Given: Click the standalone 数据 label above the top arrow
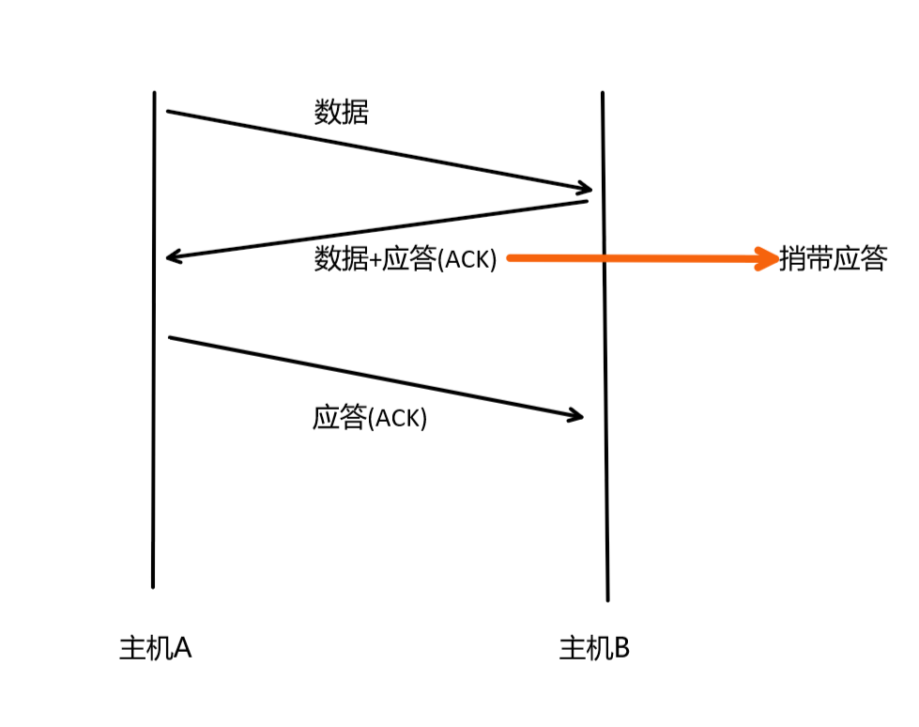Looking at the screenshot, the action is (x=341, y=114).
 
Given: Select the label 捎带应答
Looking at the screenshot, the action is (x=833, y=259).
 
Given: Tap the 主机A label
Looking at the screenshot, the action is (x=155, y=648).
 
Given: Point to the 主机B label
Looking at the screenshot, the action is (x=594, y=648).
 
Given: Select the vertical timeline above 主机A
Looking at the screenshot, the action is (x=153, y=376).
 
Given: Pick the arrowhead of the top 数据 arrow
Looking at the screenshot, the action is (x=583, y=188).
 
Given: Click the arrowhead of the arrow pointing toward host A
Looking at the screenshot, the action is (x=170, y=256).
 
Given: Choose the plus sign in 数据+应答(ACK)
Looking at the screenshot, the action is (x=375, y=261).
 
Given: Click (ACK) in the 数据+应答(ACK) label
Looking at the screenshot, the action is (x=467, y=260).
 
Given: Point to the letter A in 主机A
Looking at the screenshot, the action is (x=182, y=648).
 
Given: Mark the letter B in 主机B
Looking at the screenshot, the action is (x=620, y=648).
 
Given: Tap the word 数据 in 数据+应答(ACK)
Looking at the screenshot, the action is (x=341, y=260).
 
